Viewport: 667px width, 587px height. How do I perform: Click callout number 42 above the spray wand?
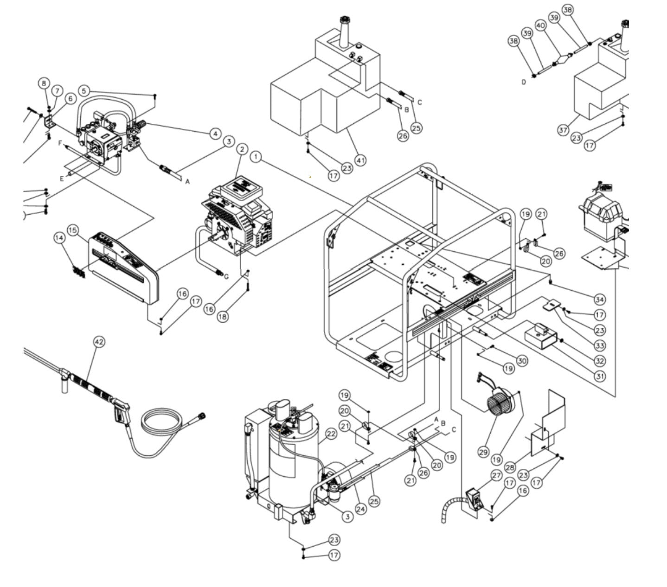(99, 342)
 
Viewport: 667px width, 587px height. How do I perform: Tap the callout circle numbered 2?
(242, 149)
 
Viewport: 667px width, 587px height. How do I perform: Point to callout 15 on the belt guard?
(73, 230)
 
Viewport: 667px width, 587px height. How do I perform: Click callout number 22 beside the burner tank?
(330, 434)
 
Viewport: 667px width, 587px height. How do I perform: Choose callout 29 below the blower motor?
(483, 451)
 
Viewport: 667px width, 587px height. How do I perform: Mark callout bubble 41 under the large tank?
(360, 160)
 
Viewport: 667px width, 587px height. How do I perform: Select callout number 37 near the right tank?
(563, 130)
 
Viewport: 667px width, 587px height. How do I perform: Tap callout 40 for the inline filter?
(540, 26)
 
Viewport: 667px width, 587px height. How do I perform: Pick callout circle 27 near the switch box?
(496, 475)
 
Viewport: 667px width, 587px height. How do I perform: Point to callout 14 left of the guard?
(59, 238)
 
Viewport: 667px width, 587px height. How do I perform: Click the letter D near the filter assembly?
(524, 82)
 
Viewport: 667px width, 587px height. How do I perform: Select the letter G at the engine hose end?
(226, 277)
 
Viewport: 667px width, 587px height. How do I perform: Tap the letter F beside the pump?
(60, 144)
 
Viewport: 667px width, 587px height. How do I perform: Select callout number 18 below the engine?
(223, 317)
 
